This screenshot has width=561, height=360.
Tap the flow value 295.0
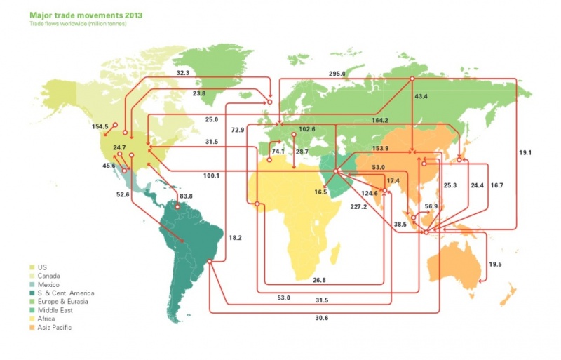click(x=338, y=73)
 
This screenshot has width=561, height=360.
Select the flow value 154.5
click(x=100, y=127)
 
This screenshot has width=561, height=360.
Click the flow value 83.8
click(x=187, y=196)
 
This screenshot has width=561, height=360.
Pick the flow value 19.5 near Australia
click(x=495, y=264)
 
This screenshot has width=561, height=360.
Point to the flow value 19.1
click(x=527, y=152)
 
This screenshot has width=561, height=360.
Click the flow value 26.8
click(x=319, y=280)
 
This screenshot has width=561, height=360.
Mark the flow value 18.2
click(x=236, y=239)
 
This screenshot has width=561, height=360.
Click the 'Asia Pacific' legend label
click(x=55, y=328)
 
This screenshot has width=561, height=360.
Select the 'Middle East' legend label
click(x=55, y=310)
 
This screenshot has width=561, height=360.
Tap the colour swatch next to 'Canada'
click(x=33, y=276)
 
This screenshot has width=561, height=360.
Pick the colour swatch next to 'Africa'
click(x=33, y=319)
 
